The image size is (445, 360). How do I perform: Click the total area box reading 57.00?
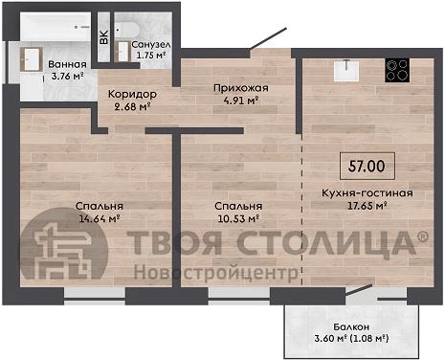(367, 166)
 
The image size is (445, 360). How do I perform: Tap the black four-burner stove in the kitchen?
(397, 71)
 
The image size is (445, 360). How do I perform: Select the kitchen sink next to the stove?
(346, 70)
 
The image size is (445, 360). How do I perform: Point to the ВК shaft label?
(104, 37)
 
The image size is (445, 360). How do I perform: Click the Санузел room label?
(151, 44)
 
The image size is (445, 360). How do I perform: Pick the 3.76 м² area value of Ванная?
(67, 76)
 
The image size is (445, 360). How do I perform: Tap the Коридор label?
(132, 94)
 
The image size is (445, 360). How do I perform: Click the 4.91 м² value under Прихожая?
(241, 101)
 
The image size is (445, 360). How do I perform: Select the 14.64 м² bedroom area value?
(99, 218)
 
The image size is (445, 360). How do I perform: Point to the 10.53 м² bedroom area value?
(238, 218)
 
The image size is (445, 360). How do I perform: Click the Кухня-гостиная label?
(367, 193)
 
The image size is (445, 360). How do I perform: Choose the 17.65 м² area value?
(367, 206)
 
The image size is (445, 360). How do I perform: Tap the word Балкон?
(351, 326)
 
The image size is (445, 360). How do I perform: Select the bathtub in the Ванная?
(56, 27)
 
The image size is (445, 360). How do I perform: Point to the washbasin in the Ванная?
(31, 59)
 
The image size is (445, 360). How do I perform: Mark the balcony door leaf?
(359, 290)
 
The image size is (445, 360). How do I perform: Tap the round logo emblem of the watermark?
(64, 243)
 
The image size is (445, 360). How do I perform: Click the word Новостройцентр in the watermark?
(216, 273)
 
